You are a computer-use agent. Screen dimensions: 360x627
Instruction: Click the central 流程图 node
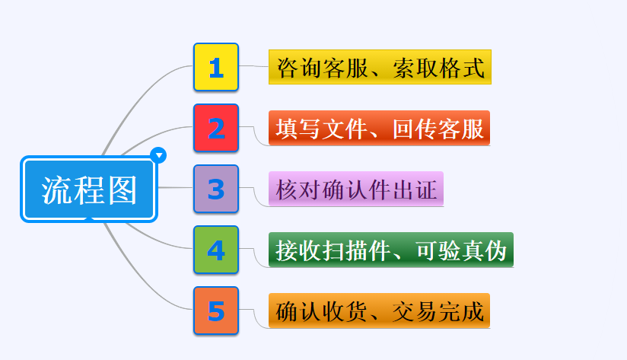89,190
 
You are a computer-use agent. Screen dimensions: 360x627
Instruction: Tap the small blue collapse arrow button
159,155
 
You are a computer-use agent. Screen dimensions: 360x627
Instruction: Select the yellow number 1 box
216,67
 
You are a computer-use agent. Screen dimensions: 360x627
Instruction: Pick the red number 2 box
216,128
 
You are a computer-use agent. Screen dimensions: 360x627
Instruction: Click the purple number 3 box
216,189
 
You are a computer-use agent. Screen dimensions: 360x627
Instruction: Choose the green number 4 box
216,250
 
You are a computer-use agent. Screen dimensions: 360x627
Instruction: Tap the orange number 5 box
216,311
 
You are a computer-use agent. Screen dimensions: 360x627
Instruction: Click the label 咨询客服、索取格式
380,67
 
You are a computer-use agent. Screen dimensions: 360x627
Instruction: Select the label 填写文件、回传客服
379,128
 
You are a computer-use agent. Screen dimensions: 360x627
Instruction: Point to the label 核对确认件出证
355,189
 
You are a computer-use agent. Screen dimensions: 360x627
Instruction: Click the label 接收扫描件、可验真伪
391,250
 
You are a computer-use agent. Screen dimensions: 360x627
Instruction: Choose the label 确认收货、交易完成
379,311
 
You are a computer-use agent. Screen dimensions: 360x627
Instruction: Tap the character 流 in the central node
56,190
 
